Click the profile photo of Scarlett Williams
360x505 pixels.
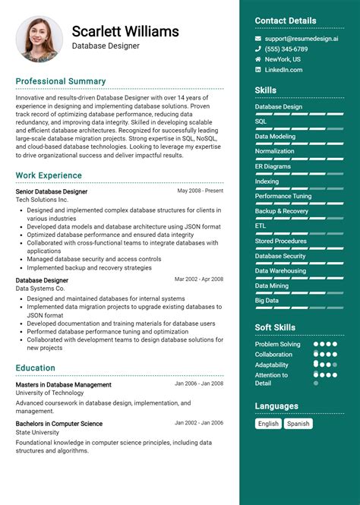[x=39, y=39]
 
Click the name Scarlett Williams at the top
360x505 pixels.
[x=125, y=31]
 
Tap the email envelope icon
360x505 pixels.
[x=258, y=38]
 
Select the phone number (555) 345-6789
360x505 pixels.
[x=286, y=49]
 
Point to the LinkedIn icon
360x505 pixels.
[x=258, y=70]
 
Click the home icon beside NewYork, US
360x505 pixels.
[x=258, y=59]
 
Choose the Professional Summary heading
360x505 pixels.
[x=61, y=81]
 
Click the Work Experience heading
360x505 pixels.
[x=49, y=175]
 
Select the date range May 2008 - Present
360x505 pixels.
[x=201, y=191]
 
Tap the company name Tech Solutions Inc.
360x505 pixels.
[x=43, y=200]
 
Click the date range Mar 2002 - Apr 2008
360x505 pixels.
[x=199, y=279]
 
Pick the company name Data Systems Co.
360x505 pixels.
[x=40, y=289]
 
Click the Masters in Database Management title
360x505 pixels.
[x=63, y=385]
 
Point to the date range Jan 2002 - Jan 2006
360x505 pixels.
[x=199, y=423]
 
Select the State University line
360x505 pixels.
[x=37, y=433]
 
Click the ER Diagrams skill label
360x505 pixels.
[x=273, y=166]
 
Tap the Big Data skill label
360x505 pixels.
[x=267, y=301]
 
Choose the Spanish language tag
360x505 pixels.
[x=298, y=424]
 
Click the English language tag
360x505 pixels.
[x=268, y=424]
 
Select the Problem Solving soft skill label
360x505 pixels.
[x=277, y=344]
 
